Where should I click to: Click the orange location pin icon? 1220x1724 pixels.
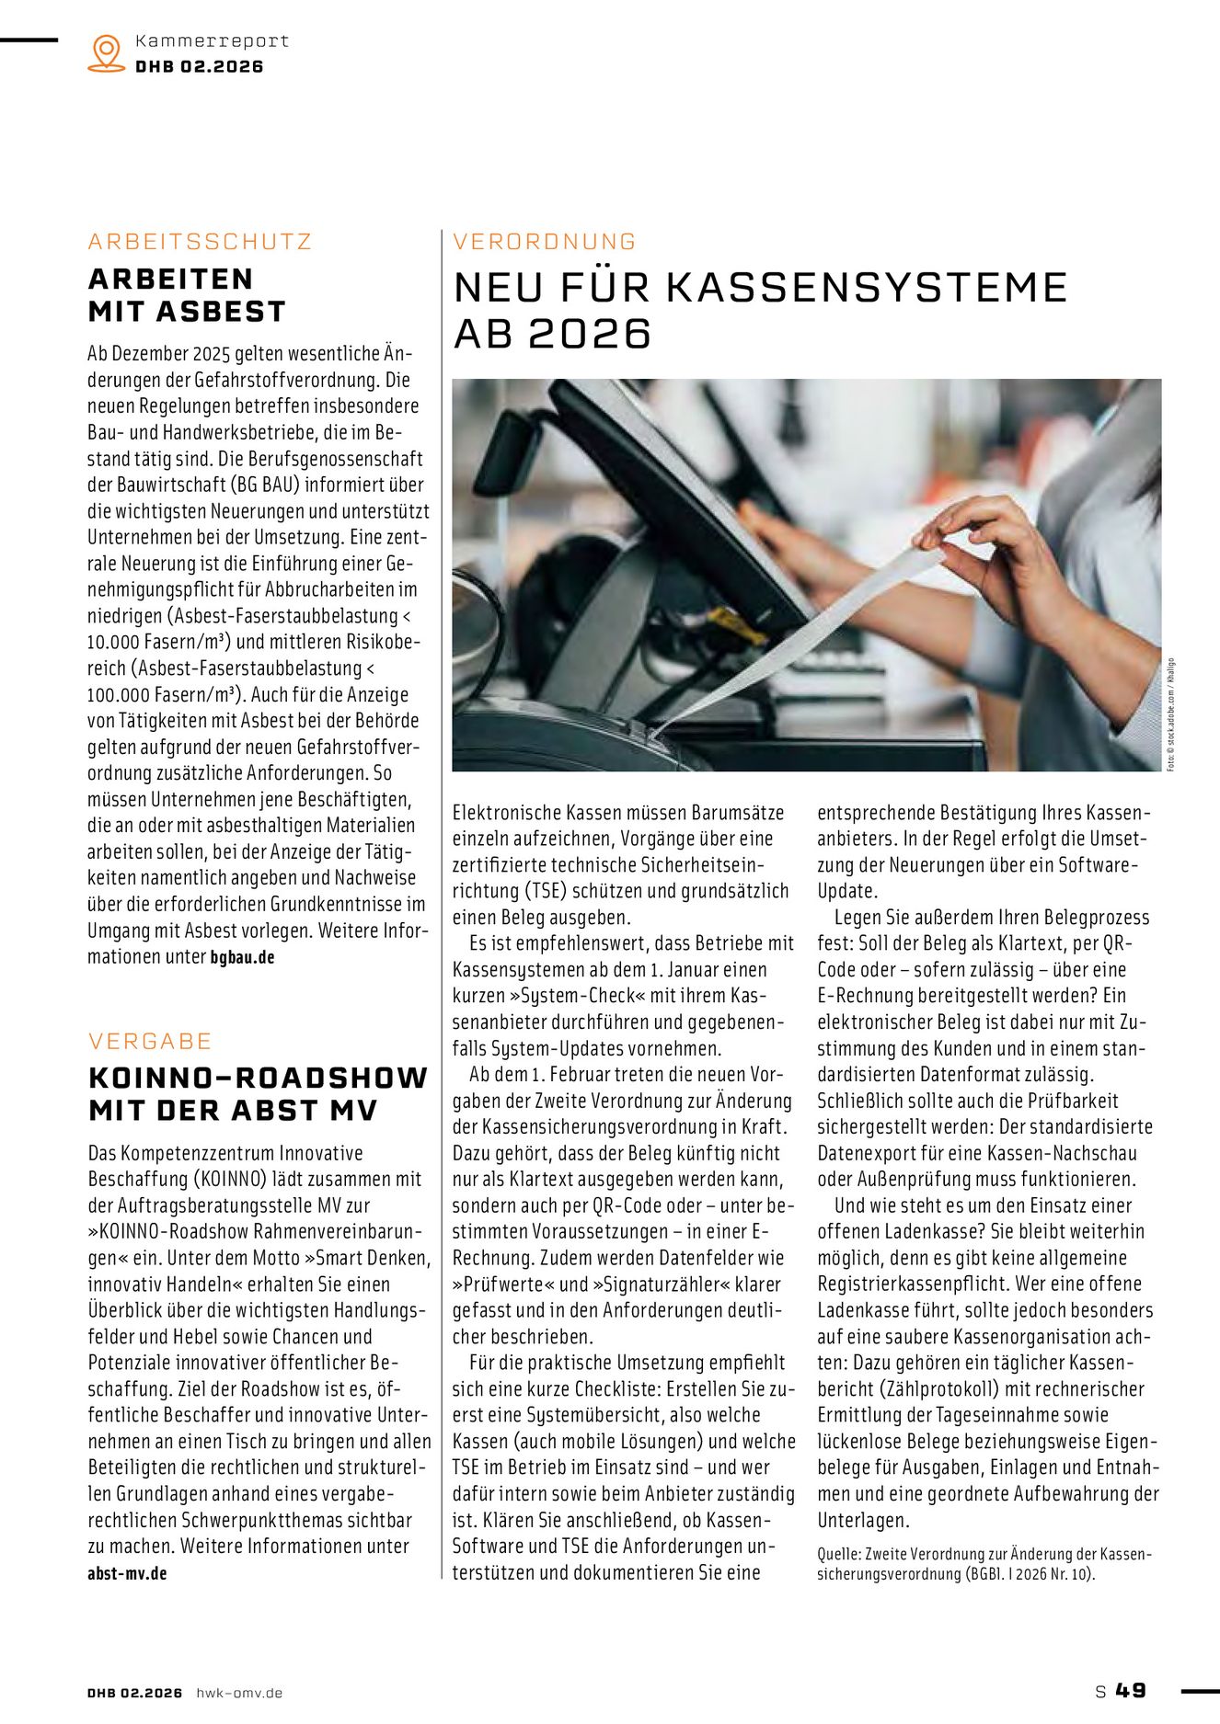(x=107, y=53)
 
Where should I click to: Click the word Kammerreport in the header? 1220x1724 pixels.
(x=212, y=41)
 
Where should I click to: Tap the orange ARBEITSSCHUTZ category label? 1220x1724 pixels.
(x=200, y=242)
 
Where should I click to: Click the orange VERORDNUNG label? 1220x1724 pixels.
(x=545, y=242)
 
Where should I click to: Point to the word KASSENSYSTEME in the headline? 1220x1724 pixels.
(x=866, y=287)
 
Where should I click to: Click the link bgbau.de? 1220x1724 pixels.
(x=242, y=957)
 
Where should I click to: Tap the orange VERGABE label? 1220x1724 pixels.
(x=150, y=1041)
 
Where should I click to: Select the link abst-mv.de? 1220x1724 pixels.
(x=127, y=1573)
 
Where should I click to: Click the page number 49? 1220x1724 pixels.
(x=1131, y=1691)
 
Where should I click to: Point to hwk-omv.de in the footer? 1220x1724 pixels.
(x=239, y=1693)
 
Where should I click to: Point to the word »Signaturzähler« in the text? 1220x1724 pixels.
(x=658, y=1284)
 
